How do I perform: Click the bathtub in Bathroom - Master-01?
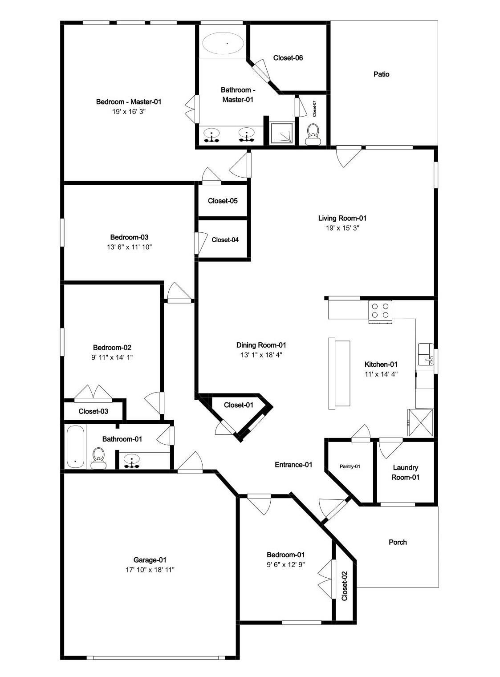pos(223,43)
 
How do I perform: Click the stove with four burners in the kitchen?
pos(381,311)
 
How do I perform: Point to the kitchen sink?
pos(425,353)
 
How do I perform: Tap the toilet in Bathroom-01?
pos(98,458)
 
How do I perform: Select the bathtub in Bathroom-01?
pos(75,446)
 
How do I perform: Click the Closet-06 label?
pos(288,58)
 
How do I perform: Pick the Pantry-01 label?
pos(350,466)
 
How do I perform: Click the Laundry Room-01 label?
pos(405,472)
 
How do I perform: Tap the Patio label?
pos(381,74)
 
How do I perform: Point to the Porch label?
pos(398,542)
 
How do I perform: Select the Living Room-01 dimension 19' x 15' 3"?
pos(342,228)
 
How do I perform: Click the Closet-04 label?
pos(225,240)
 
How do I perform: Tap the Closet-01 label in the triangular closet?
pos(238,405)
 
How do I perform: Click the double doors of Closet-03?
pos(93,393)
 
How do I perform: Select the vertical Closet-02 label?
pos(344,586)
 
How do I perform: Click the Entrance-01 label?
pos(293,465)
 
